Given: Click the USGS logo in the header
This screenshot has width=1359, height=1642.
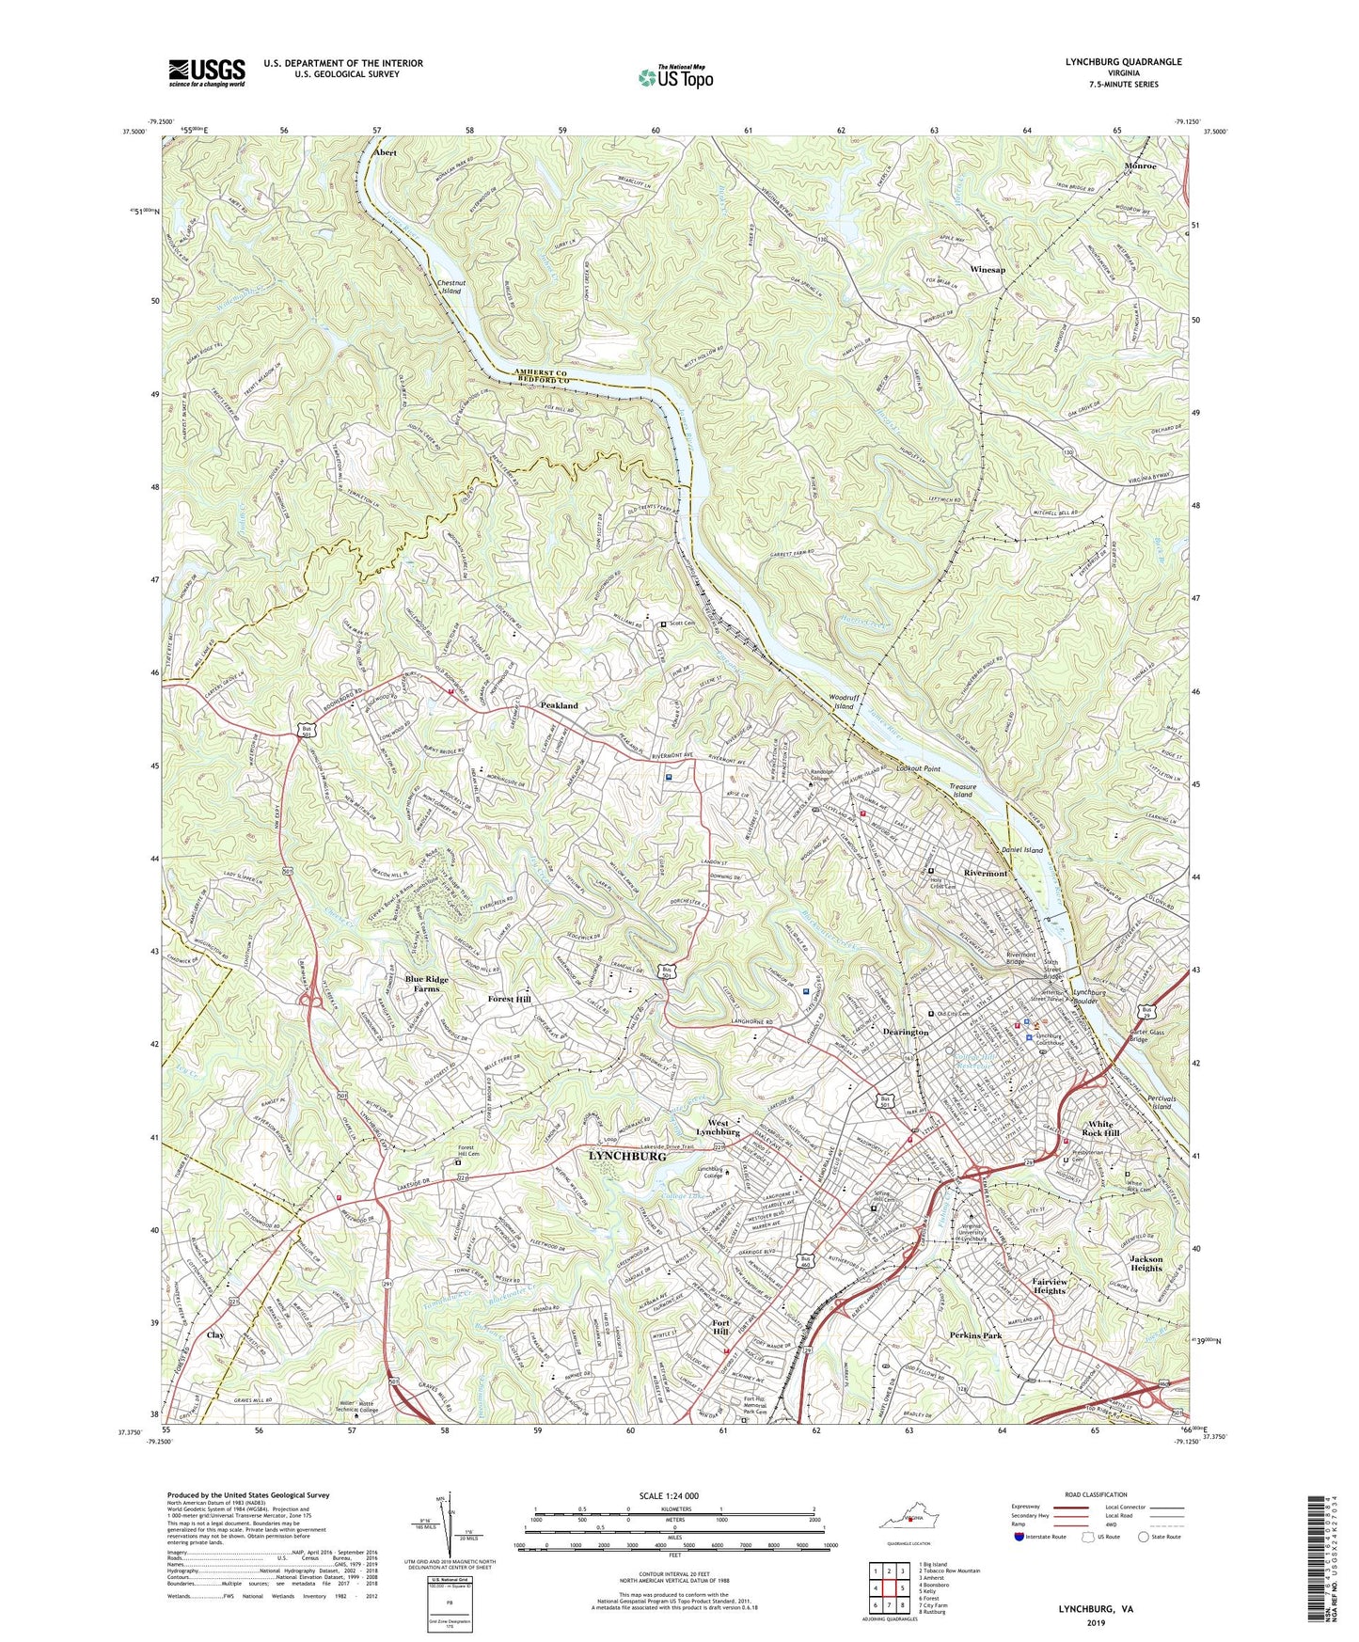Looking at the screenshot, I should point(207,71).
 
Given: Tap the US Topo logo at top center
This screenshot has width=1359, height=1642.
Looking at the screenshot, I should point(675,77).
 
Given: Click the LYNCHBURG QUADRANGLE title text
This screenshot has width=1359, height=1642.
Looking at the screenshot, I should point(1123,62).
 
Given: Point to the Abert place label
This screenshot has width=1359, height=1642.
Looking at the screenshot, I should point(385,152).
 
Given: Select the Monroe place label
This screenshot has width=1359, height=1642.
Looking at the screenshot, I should point(1140,166).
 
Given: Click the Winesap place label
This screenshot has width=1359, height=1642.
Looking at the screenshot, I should point(988,269).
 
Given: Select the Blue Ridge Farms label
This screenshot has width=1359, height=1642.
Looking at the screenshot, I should point(427,984).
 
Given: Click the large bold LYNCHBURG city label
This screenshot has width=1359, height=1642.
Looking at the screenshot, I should point(627,1157).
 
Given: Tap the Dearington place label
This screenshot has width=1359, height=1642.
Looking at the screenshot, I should point(906,1032).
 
